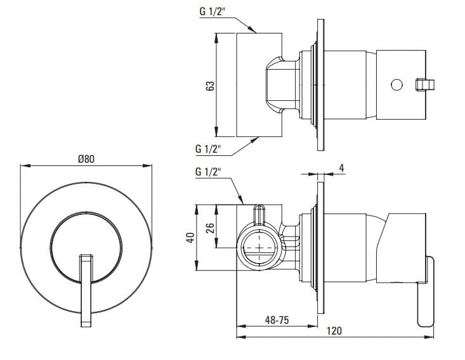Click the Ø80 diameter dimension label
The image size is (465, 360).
pyautogui.click(x=86, y=159)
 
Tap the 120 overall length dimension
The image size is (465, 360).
pyautogui.click(x=335, y=331)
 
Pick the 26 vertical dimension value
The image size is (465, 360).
pyautogui.click(x=211, y=226)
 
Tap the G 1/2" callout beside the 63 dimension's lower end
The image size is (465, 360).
pyautogui.click(x=207, y=150)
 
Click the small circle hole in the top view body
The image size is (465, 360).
pyautogui.click(x=397, y=84)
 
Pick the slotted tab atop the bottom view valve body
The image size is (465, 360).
pyautogui.click(x=259, y=214)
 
